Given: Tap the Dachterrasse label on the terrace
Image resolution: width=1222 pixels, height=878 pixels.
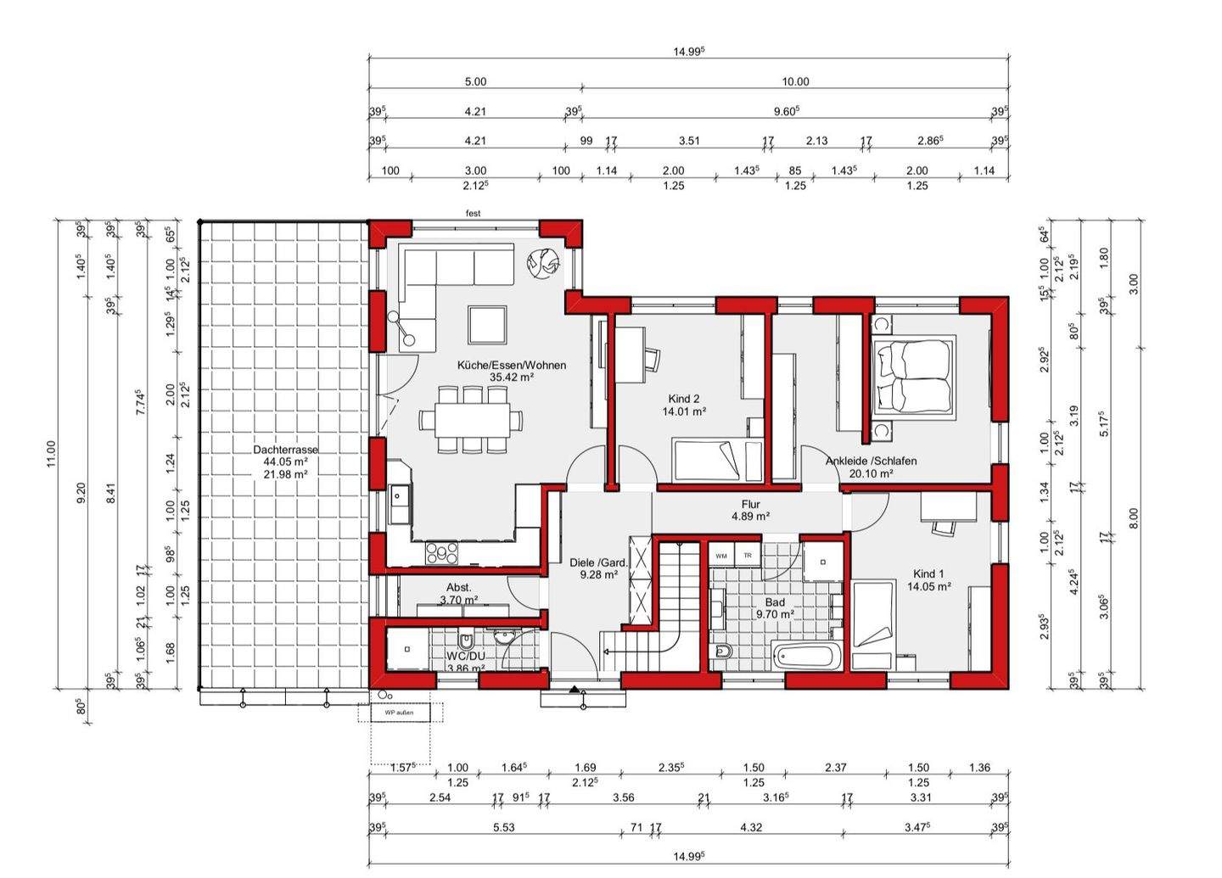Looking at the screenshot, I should point(285,450).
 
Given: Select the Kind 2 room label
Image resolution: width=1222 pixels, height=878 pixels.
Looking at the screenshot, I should point(684,399).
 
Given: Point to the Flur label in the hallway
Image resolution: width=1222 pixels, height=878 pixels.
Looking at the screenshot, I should point(750,504).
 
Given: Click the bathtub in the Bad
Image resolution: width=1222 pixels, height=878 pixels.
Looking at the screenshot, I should point(807,656).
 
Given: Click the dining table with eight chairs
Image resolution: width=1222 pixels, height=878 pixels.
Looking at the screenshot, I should point(471,419).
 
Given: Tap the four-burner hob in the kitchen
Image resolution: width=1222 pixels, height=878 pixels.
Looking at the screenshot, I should point(442,553).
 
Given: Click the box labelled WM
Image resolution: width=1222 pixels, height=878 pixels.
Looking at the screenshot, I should point(721,556).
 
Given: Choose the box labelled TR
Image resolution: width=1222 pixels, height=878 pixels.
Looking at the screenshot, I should point(748,556).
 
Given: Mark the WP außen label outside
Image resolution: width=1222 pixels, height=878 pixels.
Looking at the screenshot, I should point(400,713).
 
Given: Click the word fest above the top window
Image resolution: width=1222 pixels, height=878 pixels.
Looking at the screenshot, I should point(473,214).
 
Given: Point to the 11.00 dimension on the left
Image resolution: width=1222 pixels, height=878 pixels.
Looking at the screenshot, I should point(51,454).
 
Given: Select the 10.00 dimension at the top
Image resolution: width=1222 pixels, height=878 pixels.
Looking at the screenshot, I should point(795,82).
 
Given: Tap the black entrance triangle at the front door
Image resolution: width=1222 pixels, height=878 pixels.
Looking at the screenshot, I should point(575,690).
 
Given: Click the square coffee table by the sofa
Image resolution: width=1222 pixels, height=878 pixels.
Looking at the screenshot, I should point(488,323).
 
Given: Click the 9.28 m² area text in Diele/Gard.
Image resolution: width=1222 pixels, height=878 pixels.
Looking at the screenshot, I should point(598,574).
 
